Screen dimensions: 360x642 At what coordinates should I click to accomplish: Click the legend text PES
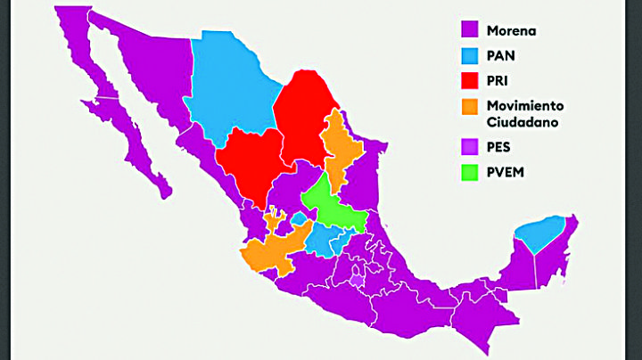click(x=499, y=146)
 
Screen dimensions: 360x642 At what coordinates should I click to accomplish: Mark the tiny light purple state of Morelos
click(x=358, y=280)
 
